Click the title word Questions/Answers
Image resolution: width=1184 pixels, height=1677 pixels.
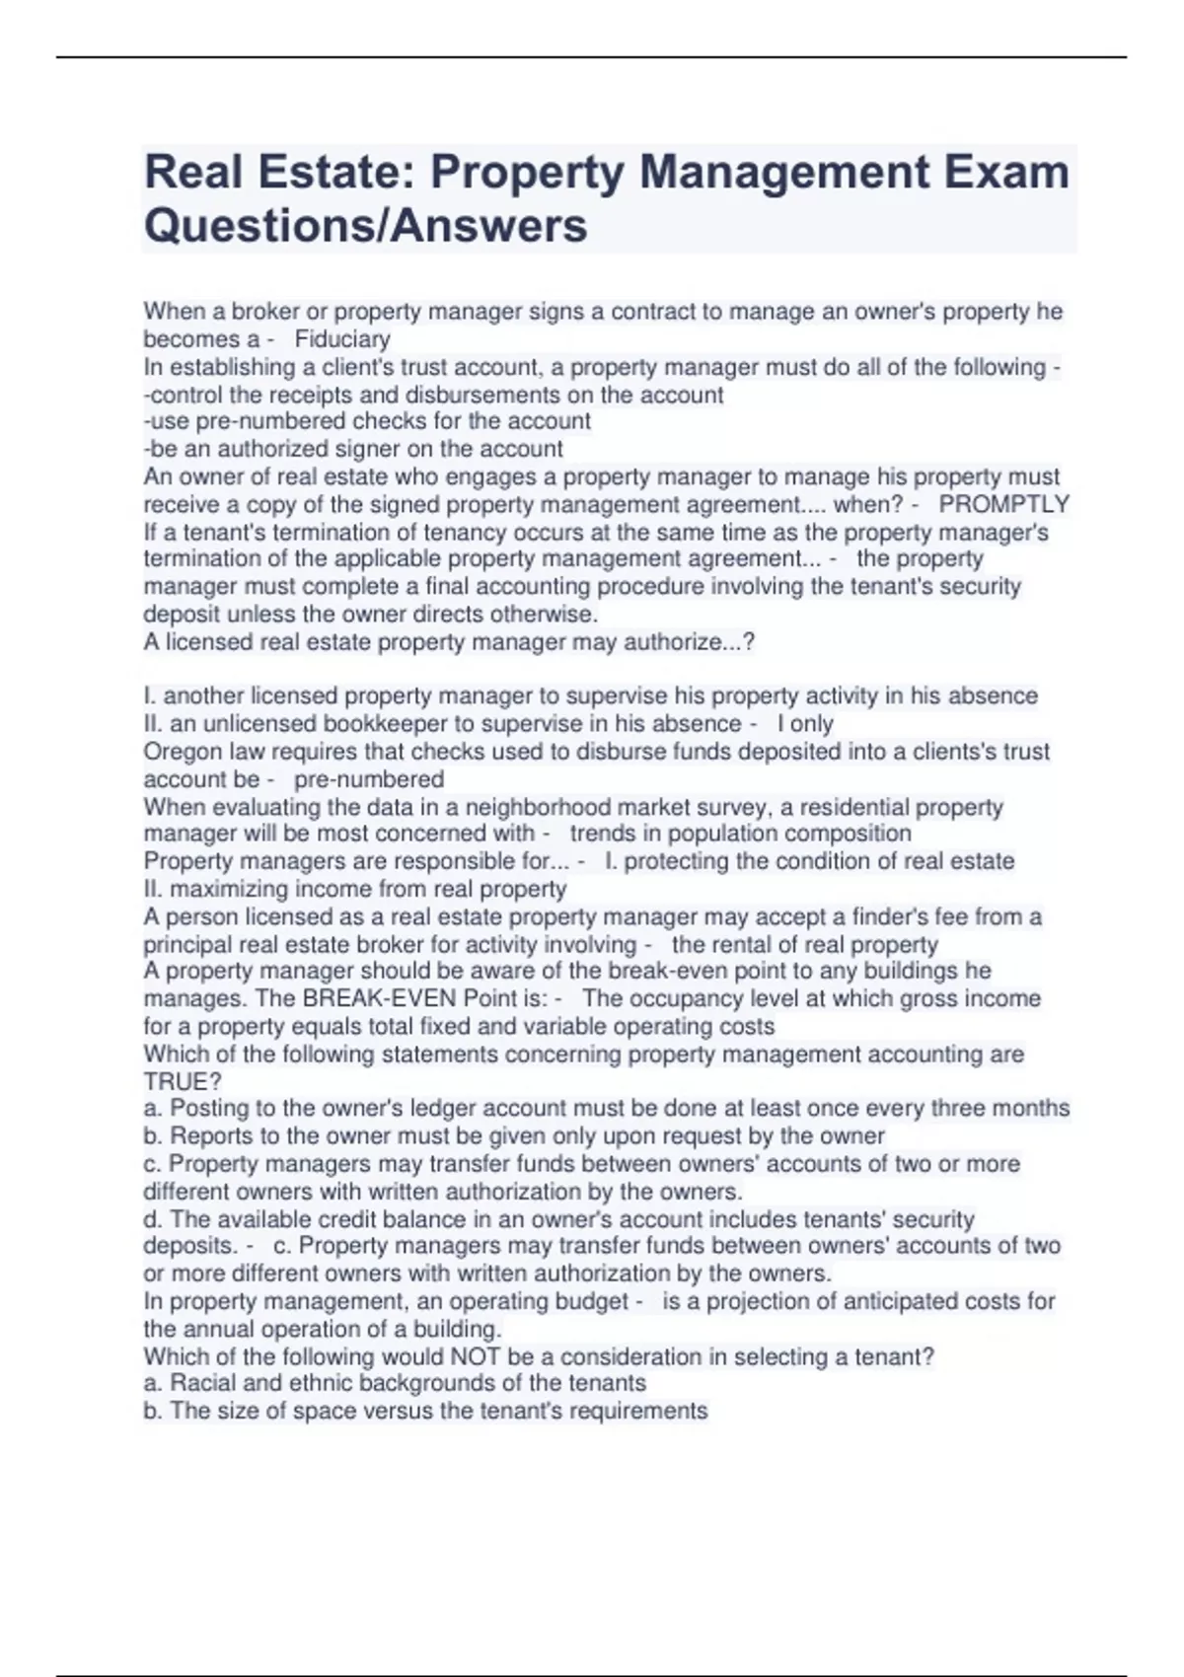pos(365,225)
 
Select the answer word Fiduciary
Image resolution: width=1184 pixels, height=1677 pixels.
pos(342,339)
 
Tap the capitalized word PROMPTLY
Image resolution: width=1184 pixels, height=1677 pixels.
pos(1003,504)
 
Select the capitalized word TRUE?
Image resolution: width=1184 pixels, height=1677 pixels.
pos(183,1081)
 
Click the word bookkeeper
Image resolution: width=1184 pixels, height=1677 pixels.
pos(382,723)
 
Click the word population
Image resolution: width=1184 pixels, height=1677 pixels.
pos(728,834)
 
